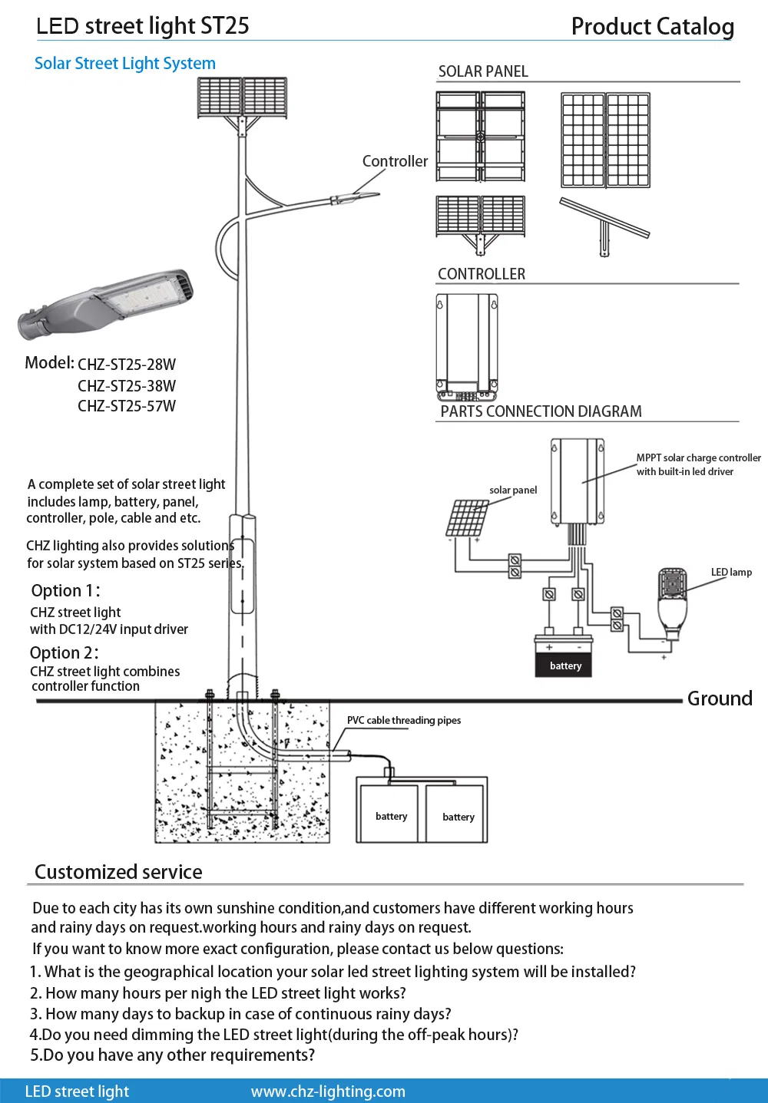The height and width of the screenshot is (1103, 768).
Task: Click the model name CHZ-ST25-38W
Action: [x=127, y=386]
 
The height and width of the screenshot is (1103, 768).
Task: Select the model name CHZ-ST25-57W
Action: [x=127, y=406]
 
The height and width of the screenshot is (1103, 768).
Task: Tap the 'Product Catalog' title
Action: [x=652, y=27]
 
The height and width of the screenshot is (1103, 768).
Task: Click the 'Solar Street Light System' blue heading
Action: [x=125, y=64]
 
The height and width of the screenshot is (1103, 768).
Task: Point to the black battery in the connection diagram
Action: [x=564, y=657]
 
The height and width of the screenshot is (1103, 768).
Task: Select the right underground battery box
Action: [x=456, y=814]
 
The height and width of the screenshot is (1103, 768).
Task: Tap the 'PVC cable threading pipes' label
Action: [x=404, y=720]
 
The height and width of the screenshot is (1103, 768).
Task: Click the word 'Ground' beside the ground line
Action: [x=719, y=698]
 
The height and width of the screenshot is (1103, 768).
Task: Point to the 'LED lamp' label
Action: [x=731, y=572]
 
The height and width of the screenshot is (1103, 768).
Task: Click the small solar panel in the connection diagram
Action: [x=467, y=518]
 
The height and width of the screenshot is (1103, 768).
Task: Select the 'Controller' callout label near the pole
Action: [x=395, y=161]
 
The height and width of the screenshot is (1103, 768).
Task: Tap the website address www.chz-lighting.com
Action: [x=328, y=1091]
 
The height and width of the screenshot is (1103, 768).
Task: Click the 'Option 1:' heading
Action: [x=65, y=590]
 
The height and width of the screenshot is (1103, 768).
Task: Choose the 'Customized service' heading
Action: [x=118, y=872]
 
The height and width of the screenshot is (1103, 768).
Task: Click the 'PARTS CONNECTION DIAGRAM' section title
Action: [x=541, y=411]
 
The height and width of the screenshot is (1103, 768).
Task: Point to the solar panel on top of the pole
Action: [x=243, y=97]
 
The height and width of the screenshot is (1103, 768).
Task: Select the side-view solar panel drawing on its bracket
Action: [x=604, y=226]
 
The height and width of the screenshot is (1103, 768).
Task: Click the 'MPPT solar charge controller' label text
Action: [x=698, y=457]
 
